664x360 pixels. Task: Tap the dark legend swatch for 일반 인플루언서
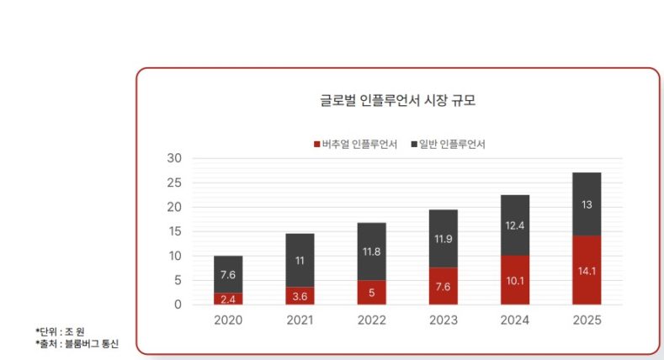[414, 144]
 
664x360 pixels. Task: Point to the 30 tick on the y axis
[174, 158]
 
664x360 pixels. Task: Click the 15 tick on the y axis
[174, 231]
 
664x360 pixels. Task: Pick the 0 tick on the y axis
[178, 304]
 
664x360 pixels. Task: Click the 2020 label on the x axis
[228, 320]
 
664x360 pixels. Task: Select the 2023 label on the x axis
[444, 320]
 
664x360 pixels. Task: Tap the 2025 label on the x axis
[587, 320]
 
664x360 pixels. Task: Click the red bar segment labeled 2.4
[228, 299]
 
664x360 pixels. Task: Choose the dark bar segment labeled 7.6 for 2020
[228, 274]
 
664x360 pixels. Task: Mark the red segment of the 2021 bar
[300, 296]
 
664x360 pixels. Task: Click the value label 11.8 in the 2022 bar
[372, 251]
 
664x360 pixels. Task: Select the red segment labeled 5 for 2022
[372, 293]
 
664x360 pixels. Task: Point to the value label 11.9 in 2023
[444, 239]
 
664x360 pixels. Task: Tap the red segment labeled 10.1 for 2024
[515, 280]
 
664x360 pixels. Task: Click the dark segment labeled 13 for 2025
[587, 204]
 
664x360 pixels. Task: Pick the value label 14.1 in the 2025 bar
[587, 271]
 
